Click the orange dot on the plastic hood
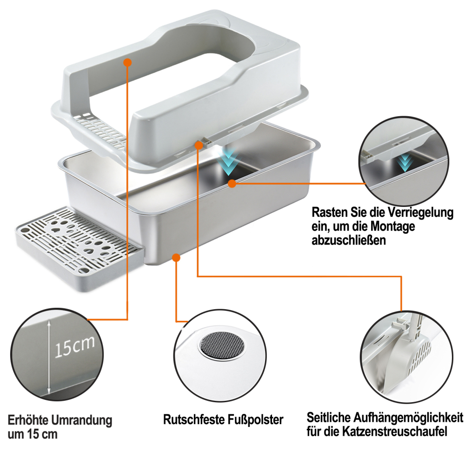(127, 62)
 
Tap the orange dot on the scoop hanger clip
(199, 145)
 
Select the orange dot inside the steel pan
(232, 184)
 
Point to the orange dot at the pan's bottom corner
(176, 258)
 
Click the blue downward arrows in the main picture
(229, 162)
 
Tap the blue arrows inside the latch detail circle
(405, 162)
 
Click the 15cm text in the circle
(74, 347)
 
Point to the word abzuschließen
(349, 240)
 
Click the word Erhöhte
(27, 420)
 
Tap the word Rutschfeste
(194, 419)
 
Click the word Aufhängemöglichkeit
(404, 418)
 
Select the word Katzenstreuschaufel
(394, 432)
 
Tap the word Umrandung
(81, 421)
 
